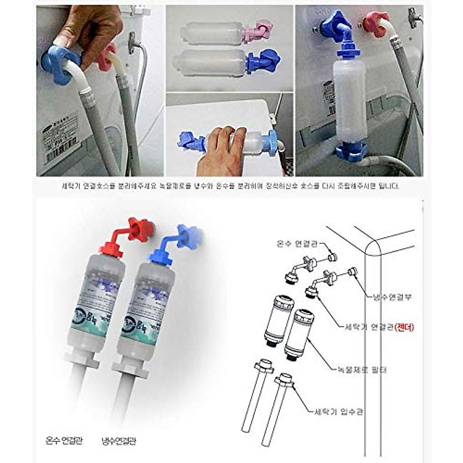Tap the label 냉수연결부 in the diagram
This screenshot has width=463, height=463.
pyautogui.click(x=389, y=297)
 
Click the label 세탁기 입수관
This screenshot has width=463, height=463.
pyautogui.click(x=337, y=412)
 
